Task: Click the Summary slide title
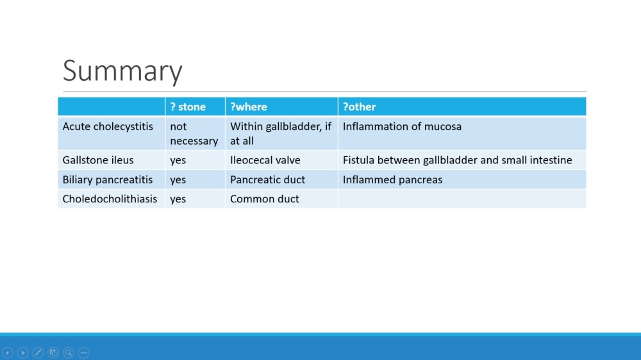pyautogui.click(x=122, y=71)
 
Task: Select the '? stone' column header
pyautogui.click(x=188, y=106)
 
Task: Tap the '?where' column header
pyautogui.click(x=248, y=106)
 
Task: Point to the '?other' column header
pyautogui.click(x=359, y=106)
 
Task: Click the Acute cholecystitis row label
pyautogui.click(x=108, y=127)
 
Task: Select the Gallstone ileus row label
pyautogui.click(x=97, y=160)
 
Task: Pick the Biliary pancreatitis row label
pyautogui.click(x=107, y=180)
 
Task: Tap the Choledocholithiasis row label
pyautogui.click(x=110, y=199)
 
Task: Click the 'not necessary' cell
pyautogui.click(x=194, y=134)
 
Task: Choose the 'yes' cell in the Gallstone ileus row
pyautogui.click(x=178, y=161)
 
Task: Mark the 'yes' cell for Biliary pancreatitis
pyautogui.click(x=178, y=180)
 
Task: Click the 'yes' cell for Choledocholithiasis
pyautogui.click(x=178, y=199)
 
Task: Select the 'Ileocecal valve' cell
pyautogui.click(x=265, y=160)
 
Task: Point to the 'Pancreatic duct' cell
pyautogui.click(x=267, y=179)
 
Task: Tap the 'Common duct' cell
pyautogui.click(x=265, y=199)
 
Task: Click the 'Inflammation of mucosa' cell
pyautogui.click(x=402, y=127)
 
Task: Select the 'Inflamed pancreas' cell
pyautogui.click(x=392, y=180)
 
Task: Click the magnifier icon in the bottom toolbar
pyautogui.click(x=69, y=352)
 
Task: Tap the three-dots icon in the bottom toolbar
pyautogui.click(x=83, y=352)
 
